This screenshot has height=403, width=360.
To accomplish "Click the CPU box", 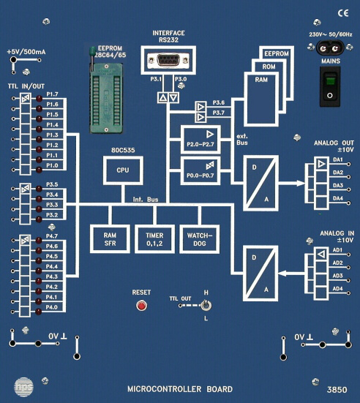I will tap(122, 169).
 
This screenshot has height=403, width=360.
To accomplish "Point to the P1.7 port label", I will tap(52, 95).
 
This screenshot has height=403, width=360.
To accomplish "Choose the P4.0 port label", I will tap(52, 308).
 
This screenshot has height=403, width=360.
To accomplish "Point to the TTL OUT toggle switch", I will tap(207, 306).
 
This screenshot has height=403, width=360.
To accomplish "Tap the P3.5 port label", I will tap(52, 185).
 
